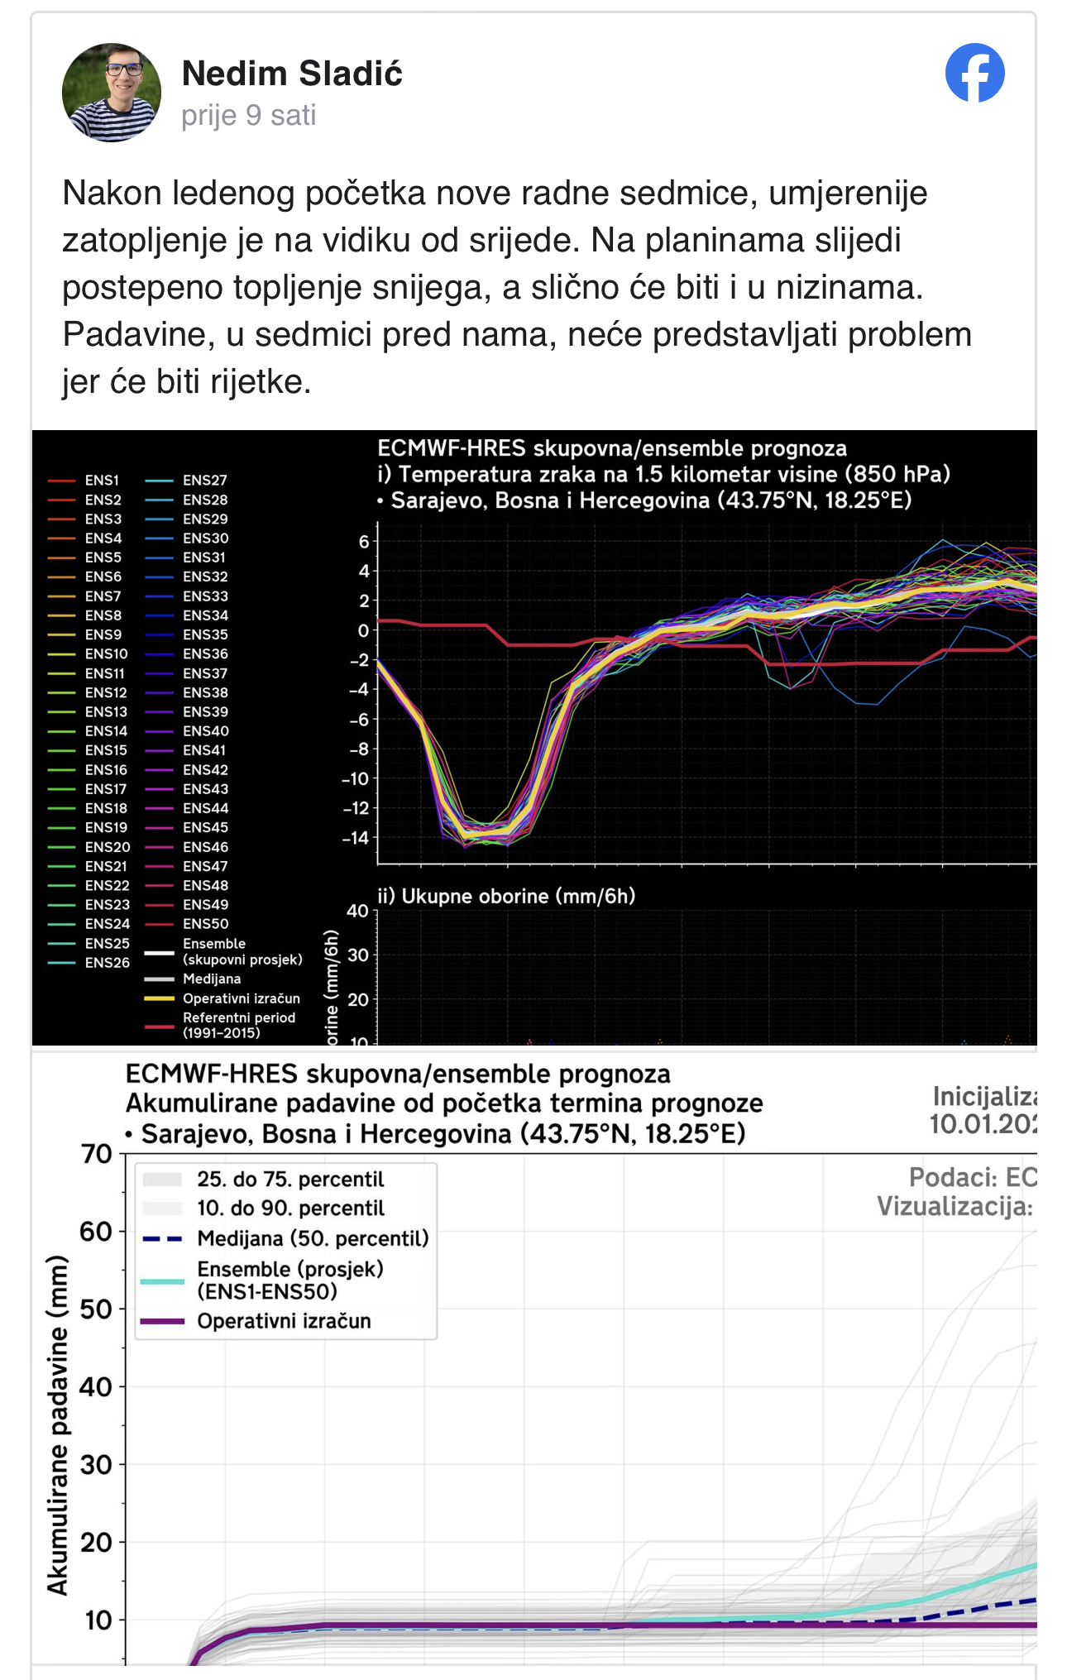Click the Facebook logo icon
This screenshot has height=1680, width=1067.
click(974, 73)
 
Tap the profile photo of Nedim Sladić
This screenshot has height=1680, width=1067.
click(112, 93)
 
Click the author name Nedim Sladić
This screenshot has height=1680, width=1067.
click(292, 74)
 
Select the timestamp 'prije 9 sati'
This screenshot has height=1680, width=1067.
click(249, 116)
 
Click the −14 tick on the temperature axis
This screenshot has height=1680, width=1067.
click(356, 838)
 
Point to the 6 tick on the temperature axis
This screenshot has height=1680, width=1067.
click(363, 542)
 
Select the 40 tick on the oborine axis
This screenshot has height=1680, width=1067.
click(357, 911)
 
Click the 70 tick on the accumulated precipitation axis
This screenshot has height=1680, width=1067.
click(96, 1153)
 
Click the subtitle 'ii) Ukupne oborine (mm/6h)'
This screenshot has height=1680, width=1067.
click(506, 896)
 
